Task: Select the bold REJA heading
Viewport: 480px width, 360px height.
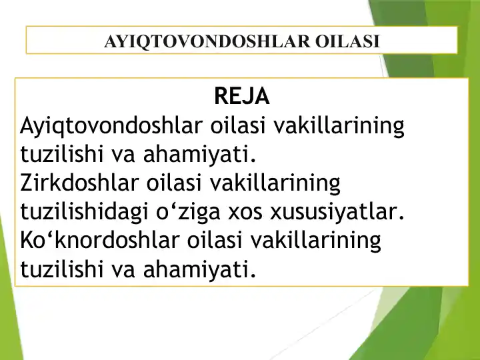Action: tap(242, 97)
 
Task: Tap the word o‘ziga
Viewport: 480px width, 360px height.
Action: tap(197, 212)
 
